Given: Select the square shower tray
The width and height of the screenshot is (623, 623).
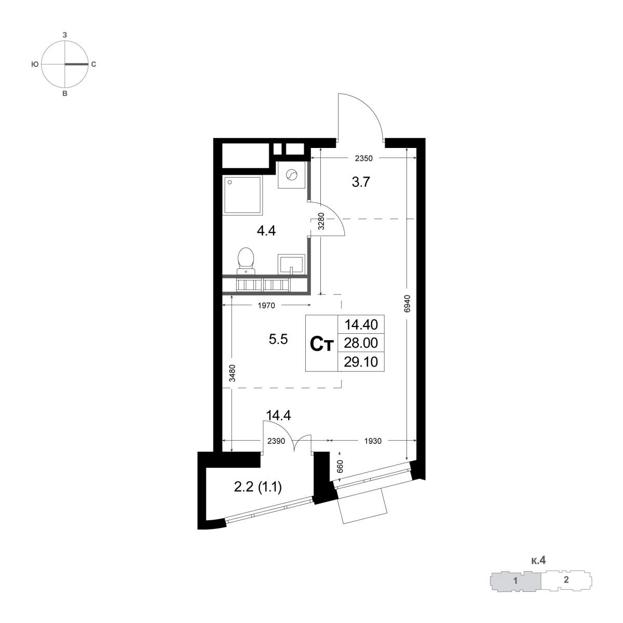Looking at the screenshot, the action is (242, 196).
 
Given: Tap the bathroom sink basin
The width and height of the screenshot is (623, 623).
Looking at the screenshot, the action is (291, 264).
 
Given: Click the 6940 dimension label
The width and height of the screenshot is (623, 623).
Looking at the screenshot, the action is (407, 304).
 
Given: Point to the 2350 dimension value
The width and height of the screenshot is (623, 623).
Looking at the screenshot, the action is (364, 158).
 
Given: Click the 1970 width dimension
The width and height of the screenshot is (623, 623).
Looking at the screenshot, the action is (266, 305).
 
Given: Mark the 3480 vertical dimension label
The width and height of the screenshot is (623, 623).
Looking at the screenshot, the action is (232, 373).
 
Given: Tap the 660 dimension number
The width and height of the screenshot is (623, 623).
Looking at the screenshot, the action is (340, 467).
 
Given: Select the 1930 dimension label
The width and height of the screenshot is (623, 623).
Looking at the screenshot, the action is (373, 441).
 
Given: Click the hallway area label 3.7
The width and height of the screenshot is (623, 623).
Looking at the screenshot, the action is (361, 182).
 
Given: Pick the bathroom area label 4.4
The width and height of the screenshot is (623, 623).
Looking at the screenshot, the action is (266, 231).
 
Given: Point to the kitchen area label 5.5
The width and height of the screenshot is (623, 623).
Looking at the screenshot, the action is (278, 339).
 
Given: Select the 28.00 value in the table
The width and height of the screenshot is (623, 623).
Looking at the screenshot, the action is (361, 343).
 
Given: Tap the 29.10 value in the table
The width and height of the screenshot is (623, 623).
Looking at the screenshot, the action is (361, 362).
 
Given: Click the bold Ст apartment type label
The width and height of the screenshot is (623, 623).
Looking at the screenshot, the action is (321, 344).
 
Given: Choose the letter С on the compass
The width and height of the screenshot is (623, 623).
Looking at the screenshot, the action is (93, 64).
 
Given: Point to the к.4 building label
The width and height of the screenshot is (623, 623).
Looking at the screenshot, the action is (538, 560).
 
